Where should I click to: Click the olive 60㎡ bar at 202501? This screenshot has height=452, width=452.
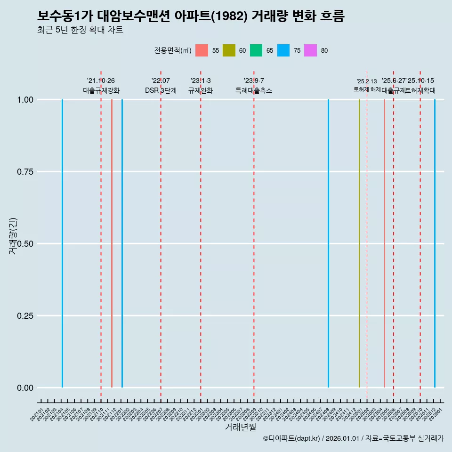click(x=359, y=243)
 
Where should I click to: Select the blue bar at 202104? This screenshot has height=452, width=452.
click(x=62, y=243)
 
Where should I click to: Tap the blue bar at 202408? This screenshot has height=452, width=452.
click(x=328, y=243)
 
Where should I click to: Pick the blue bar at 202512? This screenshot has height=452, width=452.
click(x=435, y=243)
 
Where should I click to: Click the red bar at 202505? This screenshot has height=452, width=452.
click(x=385, y=243)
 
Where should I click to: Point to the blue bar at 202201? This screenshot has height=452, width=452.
click(x=122, y=243)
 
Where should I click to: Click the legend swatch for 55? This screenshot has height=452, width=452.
click(x=202, y=50)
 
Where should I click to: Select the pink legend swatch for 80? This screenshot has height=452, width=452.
click(x=310, y=50)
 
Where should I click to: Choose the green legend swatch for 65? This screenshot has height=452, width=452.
click(x=256, y=50)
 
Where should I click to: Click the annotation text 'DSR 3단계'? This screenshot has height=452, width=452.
click(x=161, y=90)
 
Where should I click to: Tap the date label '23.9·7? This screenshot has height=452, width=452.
click(x=254, y=81)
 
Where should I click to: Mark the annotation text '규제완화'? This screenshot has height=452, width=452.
click(x=201, y=90)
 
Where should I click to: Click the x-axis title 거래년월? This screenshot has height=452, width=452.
click(x=240, y=428)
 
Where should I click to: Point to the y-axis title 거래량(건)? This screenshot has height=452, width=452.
click(x=13, y=236)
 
